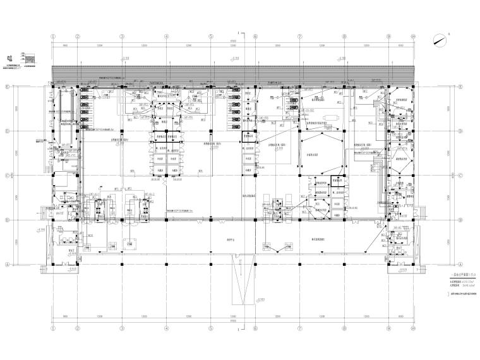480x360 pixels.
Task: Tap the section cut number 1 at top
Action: (x=237, y=32)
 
